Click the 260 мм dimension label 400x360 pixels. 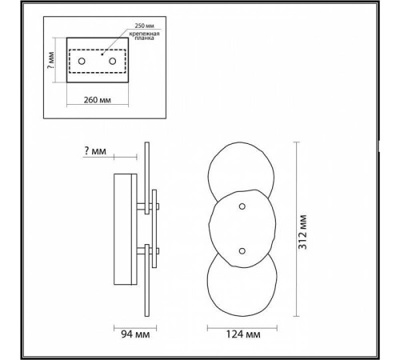(x=98, y=100)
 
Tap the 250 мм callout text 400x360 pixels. (x=144, y=26)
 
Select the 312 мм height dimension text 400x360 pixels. (x=302, y=232)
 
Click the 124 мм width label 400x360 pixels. (x=243, y=334)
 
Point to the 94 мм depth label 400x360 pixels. (x=135, y=334)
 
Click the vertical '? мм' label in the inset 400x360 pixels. (x=50, y=61)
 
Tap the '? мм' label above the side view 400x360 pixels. (x=95, y=151)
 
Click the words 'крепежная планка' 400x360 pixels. (x=144, y=36)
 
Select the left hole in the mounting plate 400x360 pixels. (x=82, y=61)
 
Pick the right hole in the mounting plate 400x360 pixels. (x=113, y=61)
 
